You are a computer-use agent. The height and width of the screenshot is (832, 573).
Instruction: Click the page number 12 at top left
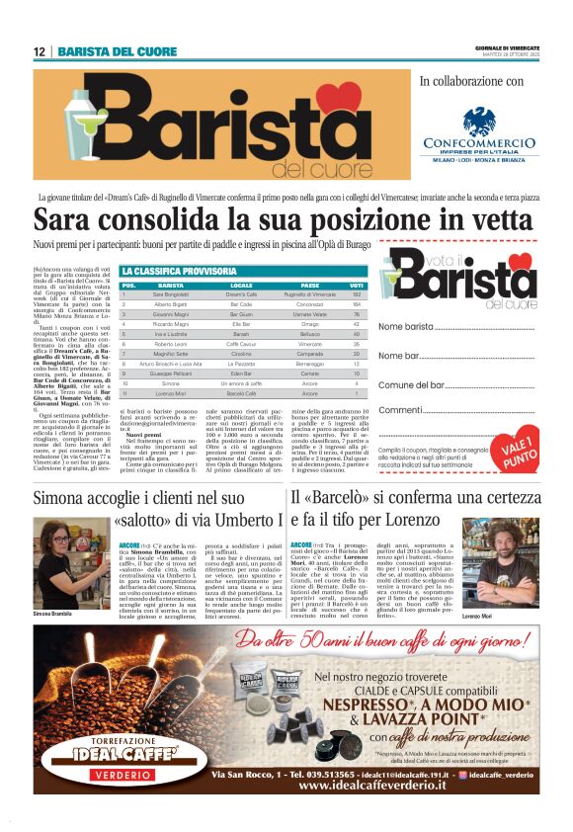pyautogui.click(x=40, y=51)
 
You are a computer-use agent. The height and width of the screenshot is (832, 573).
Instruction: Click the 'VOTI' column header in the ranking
pyautogui.click(x=357, y=285)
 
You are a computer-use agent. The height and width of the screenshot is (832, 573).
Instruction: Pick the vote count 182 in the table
pyautogui.click(x=357, y=294)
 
